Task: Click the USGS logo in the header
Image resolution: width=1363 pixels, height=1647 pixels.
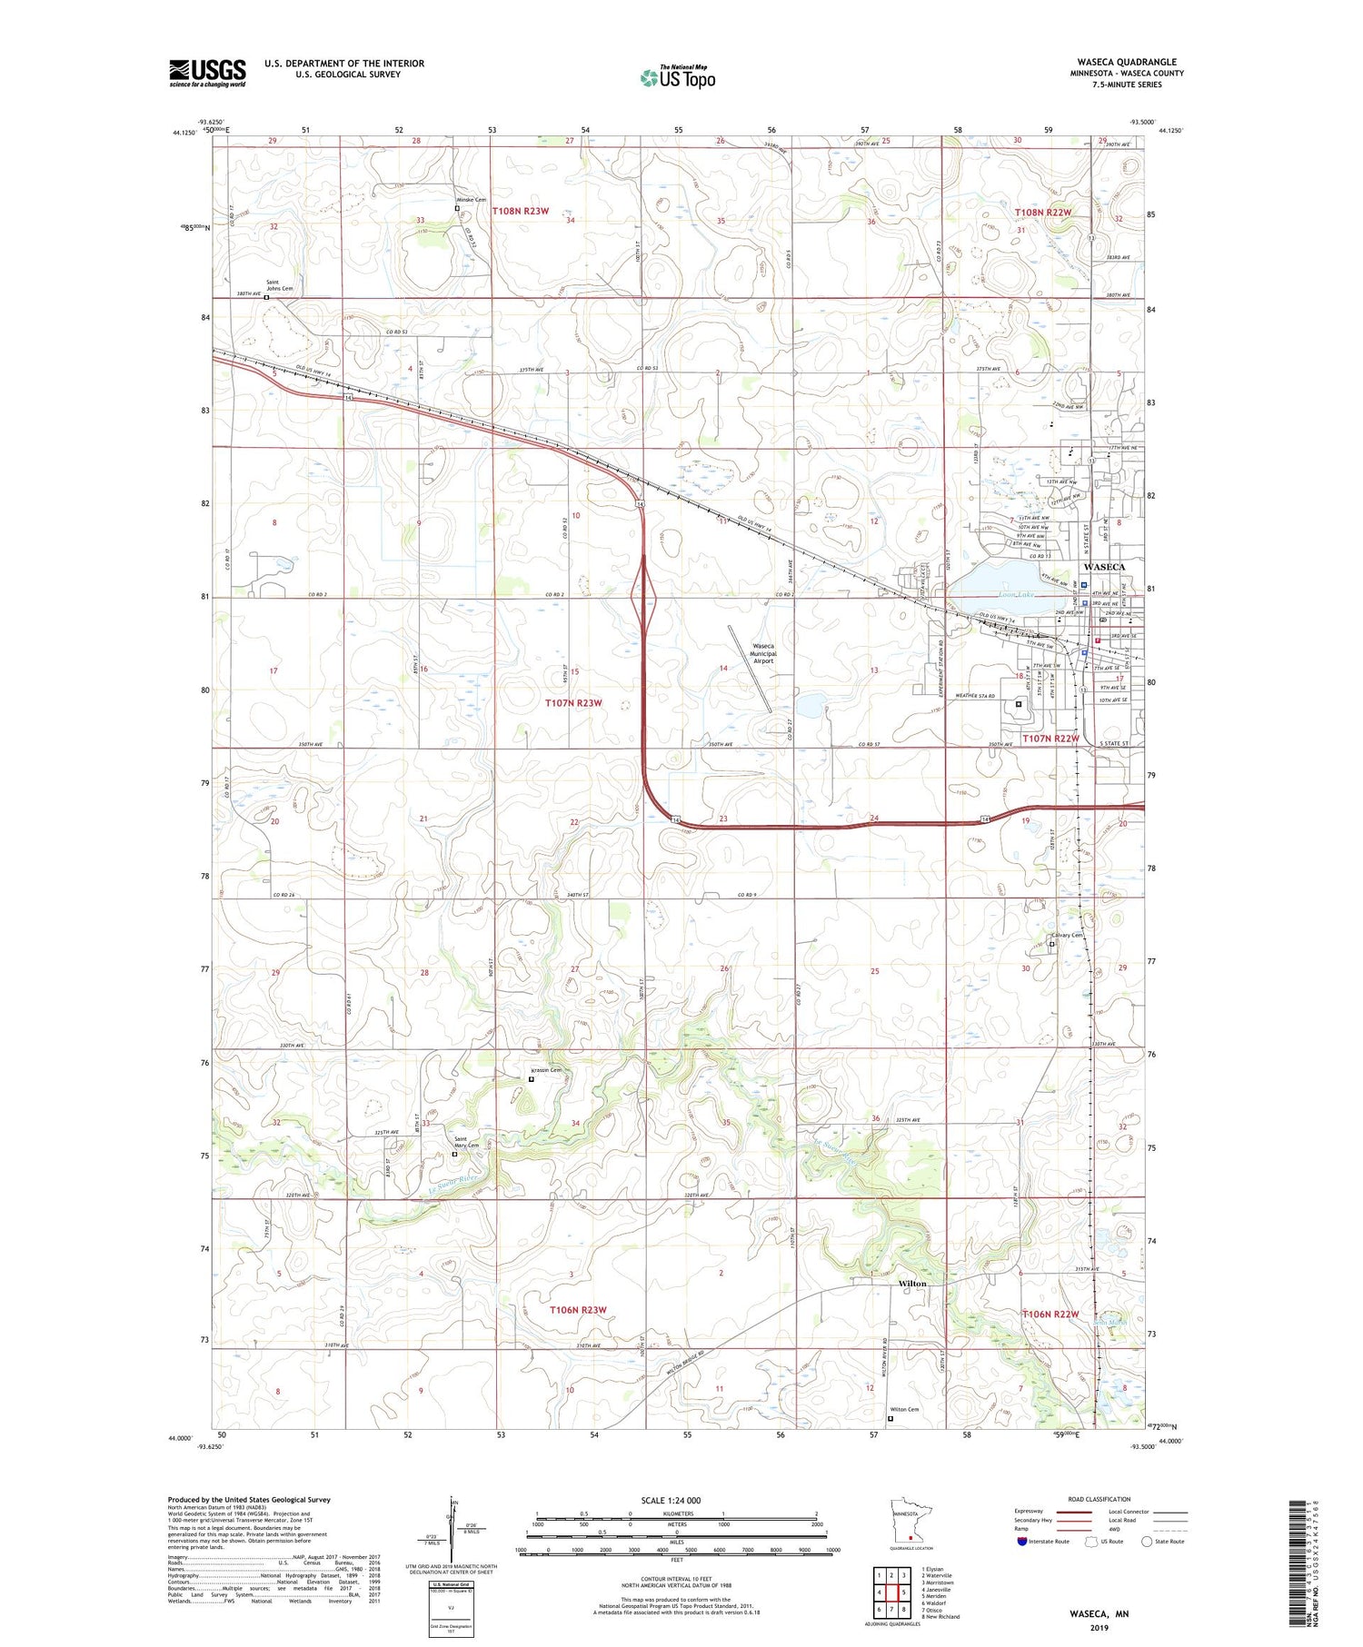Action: (x=207, y=73)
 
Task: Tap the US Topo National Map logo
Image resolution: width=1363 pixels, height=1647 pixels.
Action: (x=678, y=77)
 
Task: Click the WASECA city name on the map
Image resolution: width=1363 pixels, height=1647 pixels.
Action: (x=1104, y=567)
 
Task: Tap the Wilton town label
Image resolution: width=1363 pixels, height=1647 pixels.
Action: (x=912, y=1284)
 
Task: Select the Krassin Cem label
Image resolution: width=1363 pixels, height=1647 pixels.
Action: (x=546, y=1070)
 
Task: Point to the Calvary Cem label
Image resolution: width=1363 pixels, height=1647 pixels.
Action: (x=1067, y=936)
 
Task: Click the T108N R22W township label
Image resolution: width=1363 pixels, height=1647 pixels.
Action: (x=1042, y=213)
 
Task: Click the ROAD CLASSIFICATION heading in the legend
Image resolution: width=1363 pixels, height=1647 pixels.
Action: (x=1099, y=1499)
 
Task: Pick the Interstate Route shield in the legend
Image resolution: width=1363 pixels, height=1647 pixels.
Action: (x=1022, y=1541)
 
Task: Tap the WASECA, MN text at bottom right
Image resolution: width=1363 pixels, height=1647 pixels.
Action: (x=1098, y=1614)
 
